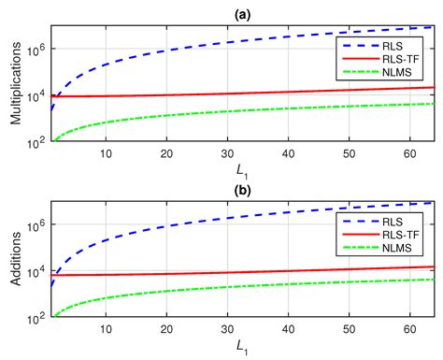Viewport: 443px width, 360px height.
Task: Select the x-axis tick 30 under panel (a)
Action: click(227, 153)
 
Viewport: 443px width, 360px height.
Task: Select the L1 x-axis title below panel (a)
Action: click(242, 170)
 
